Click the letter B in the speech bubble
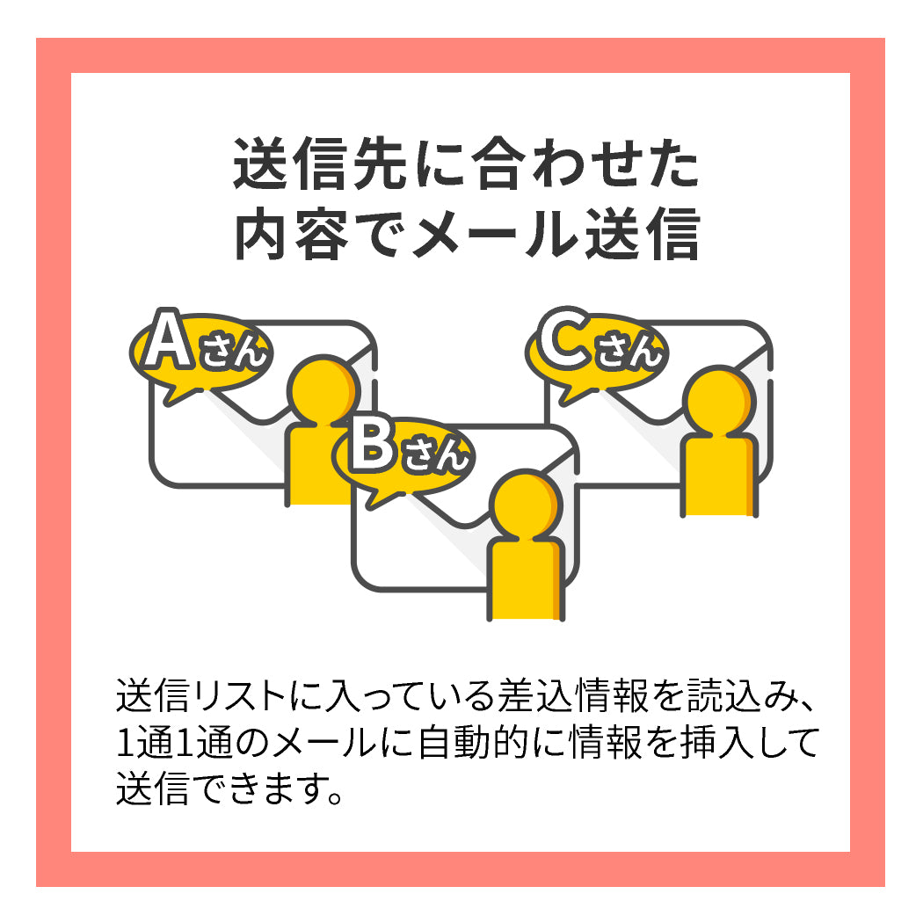pyautogui.click(x=372, y=447)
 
